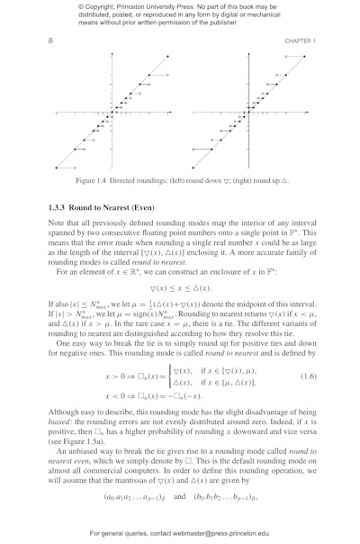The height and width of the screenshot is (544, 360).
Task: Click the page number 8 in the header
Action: tap(50, 41)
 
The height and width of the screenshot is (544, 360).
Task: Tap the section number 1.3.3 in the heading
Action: tap(59, 207)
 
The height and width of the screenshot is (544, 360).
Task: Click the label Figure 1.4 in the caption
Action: tap(94, 181)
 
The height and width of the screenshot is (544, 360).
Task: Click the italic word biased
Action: tap(61, 421)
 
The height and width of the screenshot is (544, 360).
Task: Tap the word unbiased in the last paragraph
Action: tap(79, 453)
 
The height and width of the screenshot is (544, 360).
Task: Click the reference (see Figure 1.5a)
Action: tap(78, 442)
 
